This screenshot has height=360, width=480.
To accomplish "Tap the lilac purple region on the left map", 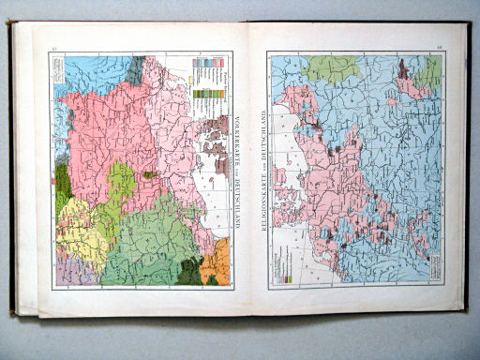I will click(64, 272).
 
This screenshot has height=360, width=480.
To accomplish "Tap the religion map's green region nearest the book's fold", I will click(328, 67).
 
